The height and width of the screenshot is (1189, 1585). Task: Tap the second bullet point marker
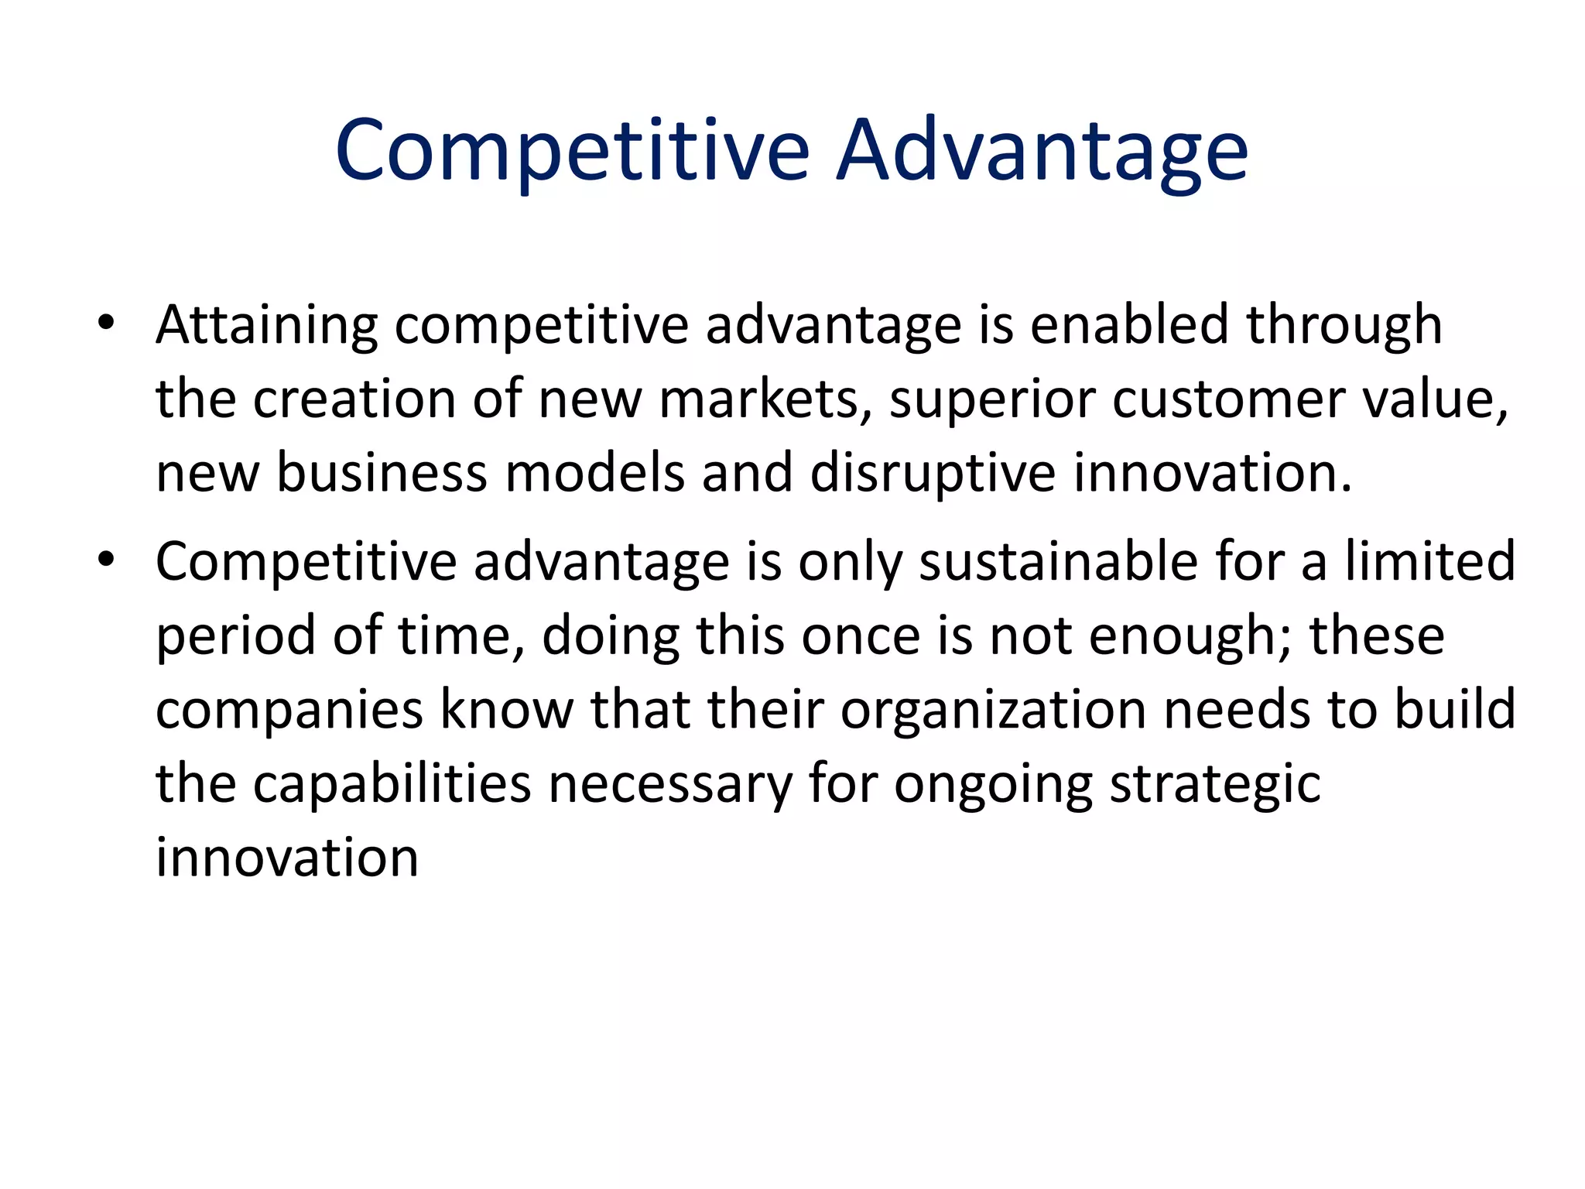pos(106,559)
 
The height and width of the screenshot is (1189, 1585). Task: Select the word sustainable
pos(1057,560)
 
